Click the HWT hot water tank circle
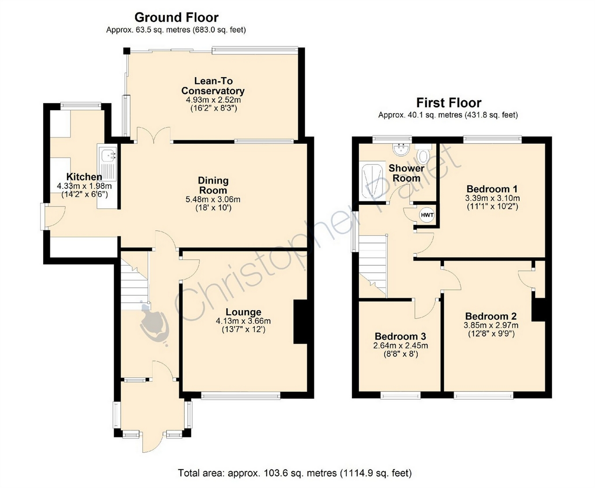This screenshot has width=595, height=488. [x=427, y=215]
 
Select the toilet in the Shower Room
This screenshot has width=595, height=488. [x=424, y=154]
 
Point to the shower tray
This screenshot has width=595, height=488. [x=372, y=180]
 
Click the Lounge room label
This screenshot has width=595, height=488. [x=243, y=312]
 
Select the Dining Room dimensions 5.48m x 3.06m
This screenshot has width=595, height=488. [x=213, y=200]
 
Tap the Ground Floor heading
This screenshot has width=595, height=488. [x=176, y=18]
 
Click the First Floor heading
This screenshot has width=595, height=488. [x=449, y=103]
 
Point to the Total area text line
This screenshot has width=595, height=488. [x=294, y=473]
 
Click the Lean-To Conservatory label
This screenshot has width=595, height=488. [x=213, y=86]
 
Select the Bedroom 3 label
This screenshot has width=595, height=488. [x=400, y=336]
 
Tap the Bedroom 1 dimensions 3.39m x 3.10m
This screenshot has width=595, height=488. [x=492, y=198]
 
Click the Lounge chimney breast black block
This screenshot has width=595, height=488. [x=300, y=322]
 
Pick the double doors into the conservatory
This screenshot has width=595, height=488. [x=154, y=135]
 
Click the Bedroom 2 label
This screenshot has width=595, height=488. [x=491, y=316]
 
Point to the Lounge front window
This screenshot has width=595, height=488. [x=241, y=396]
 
